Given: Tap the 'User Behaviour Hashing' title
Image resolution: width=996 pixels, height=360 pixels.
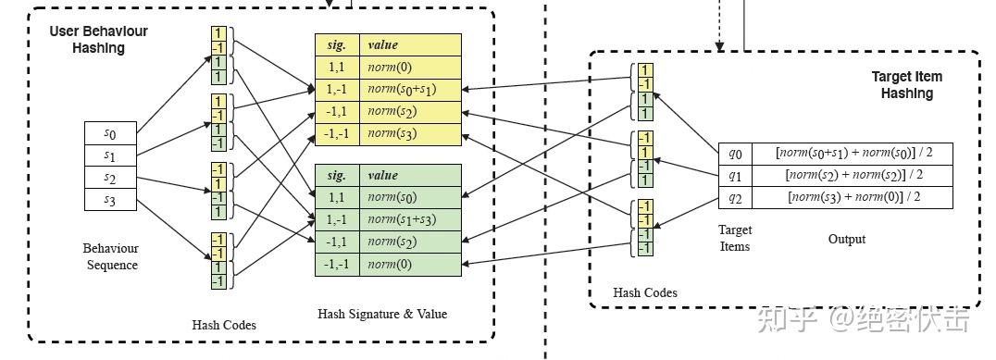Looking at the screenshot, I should tap(98, 40).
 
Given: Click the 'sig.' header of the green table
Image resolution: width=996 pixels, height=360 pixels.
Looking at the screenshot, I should tap(337, 175).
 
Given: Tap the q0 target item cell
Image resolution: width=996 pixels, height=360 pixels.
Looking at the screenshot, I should tap(735, 153).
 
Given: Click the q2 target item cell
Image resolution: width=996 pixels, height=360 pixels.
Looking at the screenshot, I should tap(735, 197).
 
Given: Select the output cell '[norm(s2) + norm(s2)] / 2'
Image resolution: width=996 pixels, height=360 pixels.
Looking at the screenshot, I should tap(854, 175).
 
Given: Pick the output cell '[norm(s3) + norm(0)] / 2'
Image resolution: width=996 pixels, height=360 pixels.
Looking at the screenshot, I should tap(854, 197).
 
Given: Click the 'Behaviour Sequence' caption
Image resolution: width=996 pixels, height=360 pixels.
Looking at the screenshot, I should tap(111, 256).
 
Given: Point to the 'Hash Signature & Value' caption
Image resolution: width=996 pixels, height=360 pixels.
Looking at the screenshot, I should tap(382, 314).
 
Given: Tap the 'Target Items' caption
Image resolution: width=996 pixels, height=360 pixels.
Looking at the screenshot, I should tap(735, 238).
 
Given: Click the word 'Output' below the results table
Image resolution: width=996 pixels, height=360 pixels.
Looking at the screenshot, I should tap(846, 239).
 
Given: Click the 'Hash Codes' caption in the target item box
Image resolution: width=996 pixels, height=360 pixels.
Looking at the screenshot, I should tap(645, 292).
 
